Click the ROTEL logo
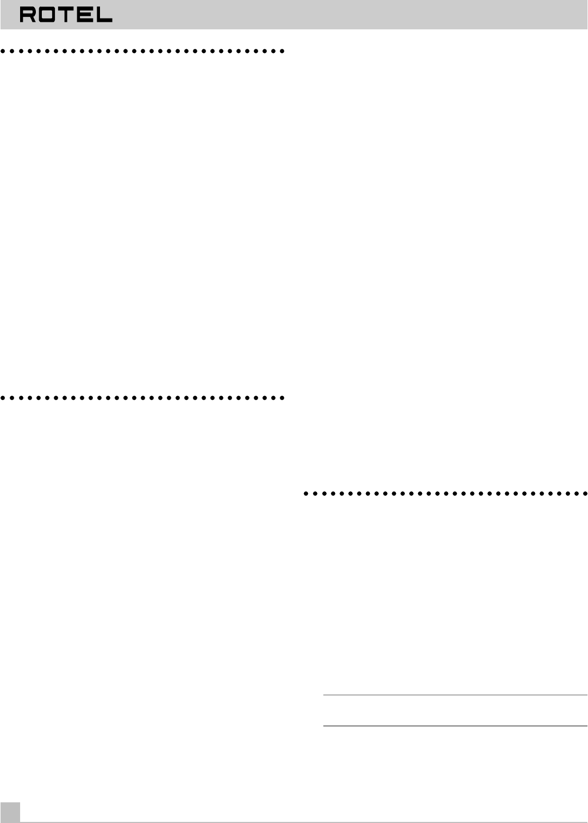click(x=66, y=15)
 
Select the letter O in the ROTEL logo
click(x=47, y=15)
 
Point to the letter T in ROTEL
click(x=65, y=15)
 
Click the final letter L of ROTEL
click(x=104, y=15)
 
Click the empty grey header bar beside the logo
click(x=348, y=15)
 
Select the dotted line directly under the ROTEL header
click(x=142, y=51)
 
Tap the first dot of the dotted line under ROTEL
click(x=3, y=51)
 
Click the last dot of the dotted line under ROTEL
click(x=282, y=51)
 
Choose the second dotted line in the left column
click(x=142, y=398)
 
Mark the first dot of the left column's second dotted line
click(x=3, y=398)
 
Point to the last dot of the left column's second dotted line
click(x=282, y=398)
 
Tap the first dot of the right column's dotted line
click(x=306, y=494)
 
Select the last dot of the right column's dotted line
click(x=585, y=494)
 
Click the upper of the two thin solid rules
click(x=455, y=695)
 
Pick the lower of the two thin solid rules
click(x=455, y=726)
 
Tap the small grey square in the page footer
click(x=10, y=813)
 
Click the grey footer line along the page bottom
click(x=304, y=822)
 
